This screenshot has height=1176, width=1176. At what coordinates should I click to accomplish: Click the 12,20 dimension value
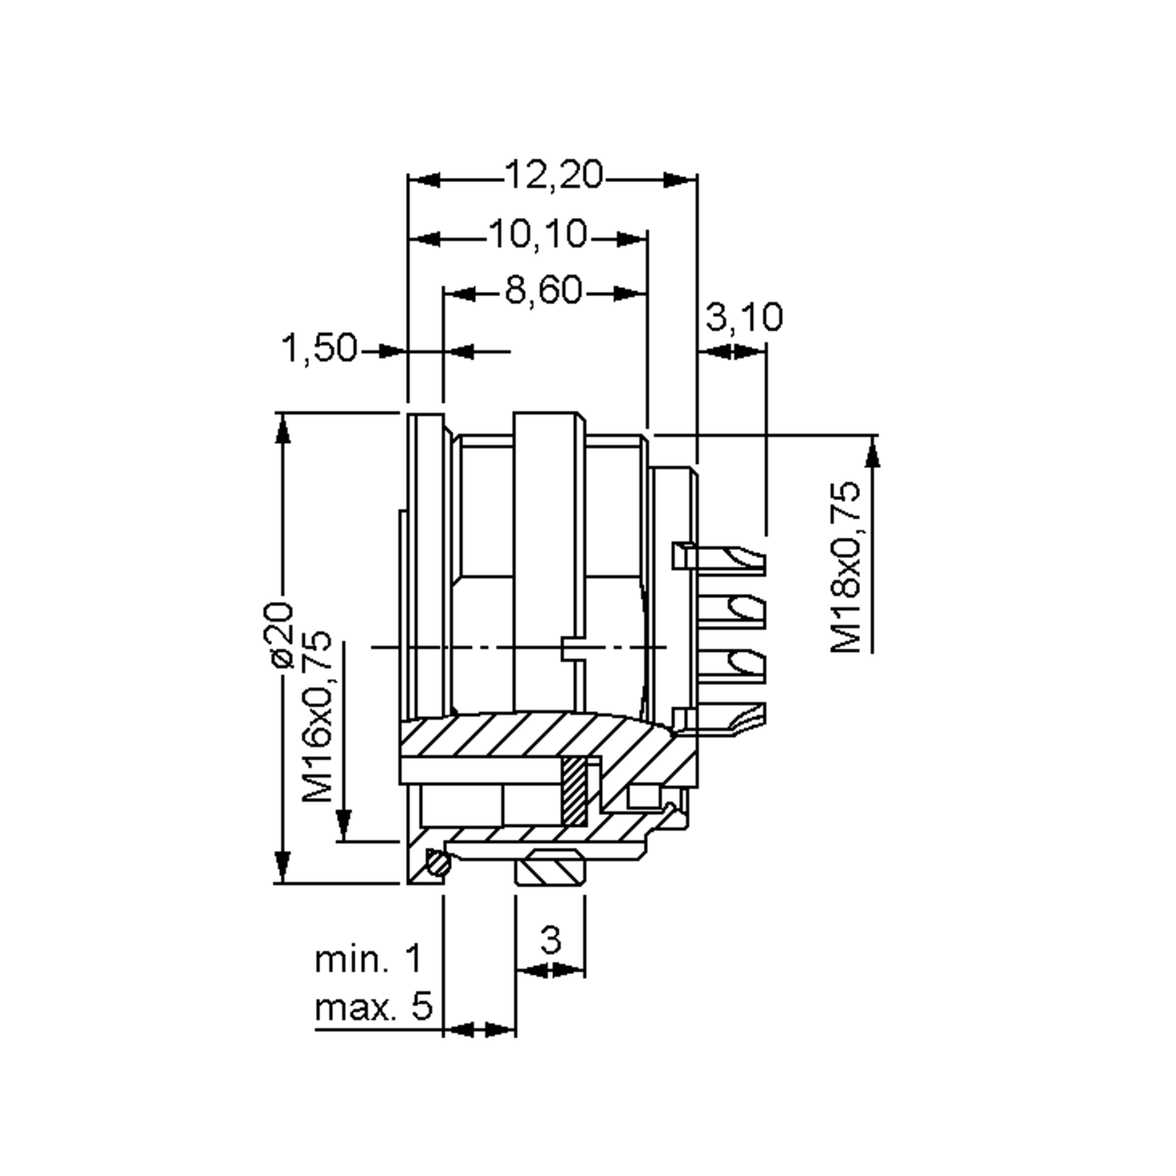tap(553, 175)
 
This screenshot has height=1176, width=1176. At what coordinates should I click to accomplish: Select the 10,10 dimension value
tap(538, 234)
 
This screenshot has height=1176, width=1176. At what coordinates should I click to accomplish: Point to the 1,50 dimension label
tap(318, 348)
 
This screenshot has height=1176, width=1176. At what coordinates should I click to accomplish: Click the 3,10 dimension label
tap(743, 317)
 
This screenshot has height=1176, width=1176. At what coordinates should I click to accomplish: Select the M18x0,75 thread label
tap(847, 567)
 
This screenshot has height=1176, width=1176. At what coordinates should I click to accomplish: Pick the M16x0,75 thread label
tap(318, 717)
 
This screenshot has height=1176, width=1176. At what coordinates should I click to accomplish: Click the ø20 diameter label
tap(282, 636)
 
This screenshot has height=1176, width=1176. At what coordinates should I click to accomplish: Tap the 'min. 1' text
tap(367, 959)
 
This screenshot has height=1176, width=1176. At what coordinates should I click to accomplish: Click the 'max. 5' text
tap(373, 1007)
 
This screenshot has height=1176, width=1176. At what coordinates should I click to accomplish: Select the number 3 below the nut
tap(550, 940)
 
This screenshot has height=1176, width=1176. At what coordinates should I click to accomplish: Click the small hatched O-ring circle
tap(438, 863)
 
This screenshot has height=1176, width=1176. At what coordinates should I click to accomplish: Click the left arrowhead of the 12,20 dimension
tap(423, 180)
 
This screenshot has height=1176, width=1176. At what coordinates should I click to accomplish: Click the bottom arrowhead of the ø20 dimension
tap(282, 867)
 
